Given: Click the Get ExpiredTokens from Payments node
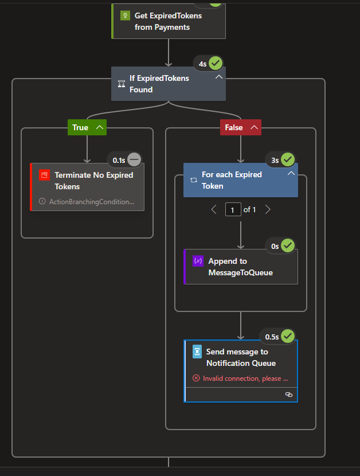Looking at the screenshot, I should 168,21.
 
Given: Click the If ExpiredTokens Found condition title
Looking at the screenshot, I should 159,84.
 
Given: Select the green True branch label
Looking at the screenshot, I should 80,127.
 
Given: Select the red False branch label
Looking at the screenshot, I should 233,127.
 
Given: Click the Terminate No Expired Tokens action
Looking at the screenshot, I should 93,181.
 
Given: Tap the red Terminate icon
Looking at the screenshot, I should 45,175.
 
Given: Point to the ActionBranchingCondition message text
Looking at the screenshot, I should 92,201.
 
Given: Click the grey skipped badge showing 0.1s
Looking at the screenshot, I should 134,159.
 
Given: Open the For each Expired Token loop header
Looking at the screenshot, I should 232,180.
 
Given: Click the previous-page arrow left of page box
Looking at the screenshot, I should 214,210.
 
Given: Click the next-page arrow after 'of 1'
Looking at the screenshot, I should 267,210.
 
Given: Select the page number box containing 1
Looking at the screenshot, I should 233,210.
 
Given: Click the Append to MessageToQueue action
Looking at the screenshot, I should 240,267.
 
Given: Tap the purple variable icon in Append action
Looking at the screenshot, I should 198,261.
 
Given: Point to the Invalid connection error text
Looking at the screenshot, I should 245,379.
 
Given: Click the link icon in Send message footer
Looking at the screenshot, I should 288,395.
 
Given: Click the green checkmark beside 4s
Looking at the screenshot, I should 216,63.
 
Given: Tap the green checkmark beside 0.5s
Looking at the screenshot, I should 288,335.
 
